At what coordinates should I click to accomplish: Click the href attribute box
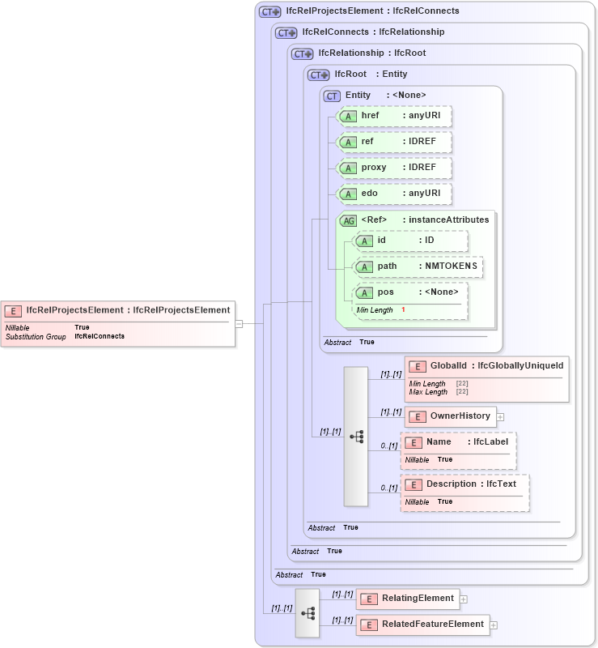(x=394, y=116)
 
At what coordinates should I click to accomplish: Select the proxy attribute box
(x=394, y=168)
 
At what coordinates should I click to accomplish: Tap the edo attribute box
(x=394, y=194)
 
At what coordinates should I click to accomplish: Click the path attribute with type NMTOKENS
(x=418, y=266)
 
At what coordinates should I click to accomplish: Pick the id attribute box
(x=410, y=241)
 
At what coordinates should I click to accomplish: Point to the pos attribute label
(x=386, y=292)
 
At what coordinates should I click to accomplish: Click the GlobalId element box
(x=486, y=366)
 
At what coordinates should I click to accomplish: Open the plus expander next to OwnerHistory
(x=500, y=417)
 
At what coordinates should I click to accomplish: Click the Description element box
(x=465, y=484)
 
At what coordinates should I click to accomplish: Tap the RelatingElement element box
(x=408, y=599)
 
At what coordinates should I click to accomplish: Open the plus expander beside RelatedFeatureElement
(x=494, y=625)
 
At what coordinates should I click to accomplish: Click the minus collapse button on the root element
(x=239, y=323)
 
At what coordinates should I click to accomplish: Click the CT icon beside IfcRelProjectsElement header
(x=269, y=11)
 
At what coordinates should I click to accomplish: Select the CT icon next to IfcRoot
(x=319, y=75)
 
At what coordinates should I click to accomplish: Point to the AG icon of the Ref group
(x=348, y=220)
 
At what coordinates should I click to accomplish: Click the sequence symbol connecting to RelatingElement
(x=307, y=613)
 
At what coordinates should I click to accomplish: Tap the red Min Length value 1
(x=403, y=310)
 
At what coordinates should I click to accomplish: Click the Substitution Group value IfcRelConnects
(x=100, y=335)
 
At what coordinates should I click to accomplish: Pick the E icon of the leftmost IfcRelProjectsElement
(x=13, y=310)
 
